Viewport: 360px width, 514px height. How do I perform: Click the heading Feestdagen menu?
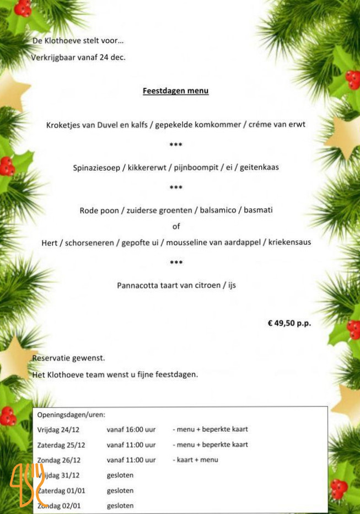(x=175, y=90)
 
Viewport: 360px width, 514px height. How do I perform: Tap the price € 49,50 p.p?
(x=289, y=324)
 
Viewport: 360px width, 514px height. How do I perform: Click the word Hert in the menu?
(x=50, y=242)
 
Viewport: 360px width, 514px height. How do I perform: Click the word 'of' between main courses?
(x=176, y=226)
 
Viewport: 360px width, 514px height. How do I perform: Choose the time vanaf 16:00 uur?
(x=131, y=429)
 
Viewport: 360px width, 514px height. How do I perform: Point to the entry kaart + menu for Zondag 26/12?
(x=197, y=460)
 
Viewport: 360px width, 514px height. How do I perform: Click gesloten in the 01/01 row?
(x=120, y=490)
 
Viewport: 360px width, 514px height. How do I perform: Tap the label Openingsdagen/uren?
(x=71, y=414)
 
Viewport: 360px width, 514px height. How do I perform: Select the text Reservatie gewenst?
(x=68, y=358)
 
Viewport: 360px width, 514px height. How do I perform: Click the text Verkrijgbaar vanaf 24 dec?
(x=79, y=57)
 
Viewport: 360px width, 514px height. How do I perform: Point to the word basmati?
(x=258, y=210)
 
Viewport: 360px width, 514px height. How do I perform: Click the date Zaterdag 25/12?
(x=62, y=445)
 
